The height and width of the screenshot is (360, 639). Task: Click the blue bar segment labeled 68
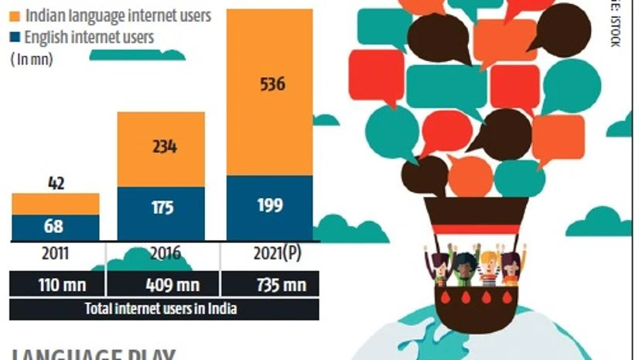(55, 228)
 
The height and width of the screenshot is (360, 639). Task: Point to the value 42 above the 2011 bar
(55, 183)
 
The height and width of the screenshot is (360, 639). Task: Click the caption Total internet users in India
(161, 309)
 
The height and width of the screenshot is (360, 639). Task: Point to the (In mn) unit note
(31, 59)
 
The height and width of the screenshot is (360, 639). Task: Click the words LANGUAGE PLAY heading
(93, 355)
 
